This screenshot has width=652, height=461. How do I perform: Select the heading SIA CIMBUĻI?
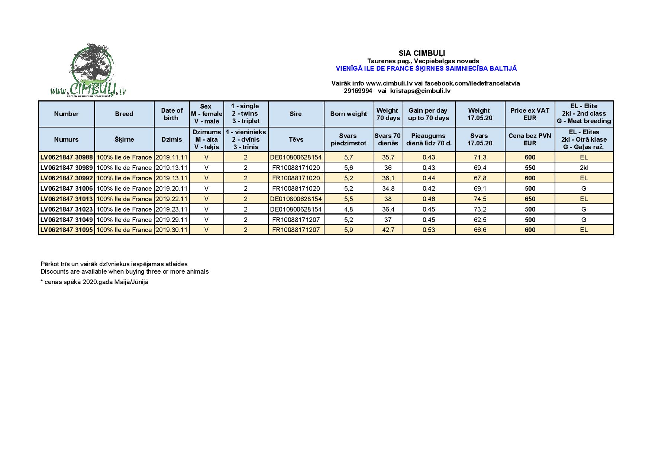422,53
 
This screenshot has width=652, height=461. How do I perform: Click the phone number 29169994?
358,91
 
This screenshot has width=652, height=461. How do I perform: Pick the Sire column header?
296,114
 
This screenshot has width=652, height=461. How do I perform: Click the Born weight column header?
348,114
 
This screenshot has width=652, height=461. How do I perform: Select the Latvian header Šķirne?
124,139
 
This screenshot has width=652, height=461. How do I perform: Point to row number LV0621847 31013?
67,199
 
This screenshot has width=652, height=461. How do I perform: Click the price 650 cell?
530,199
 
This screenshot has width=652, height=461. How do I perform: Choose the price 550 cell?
530,168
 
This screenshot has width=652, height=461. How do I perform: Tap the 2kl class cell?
584,168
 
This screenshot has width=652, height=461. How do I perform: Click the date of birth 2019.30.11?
171,230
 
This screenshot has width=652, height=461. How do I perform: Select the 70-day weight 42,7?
388,230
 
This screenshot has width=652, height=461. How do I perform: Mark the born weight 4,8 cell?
348,209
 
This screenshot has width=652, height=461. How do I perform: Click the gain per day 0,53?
429,230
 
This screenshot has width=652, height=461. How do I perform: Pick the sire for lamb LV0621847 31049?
296,220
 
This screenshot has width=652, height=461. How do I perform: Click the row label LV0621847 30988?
67,157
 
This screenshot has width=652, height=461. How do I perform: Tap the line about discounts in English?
125,271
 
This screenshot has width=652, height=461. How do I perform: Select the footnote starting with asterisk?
94,282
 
